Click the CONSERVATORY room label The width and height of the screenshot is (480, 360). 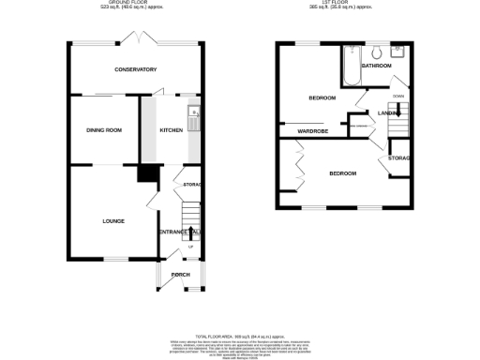(135, 70)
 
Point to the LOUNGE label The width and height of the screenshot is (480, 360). (114, 220)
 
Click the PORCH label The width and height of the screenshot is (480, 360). (180, 275)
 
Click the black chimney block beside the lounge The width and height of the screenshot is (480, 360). (147, 173)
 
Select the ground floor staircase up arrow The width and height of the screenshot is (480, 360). (191, 246)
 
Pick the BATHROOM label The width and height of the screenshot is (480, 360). (376, 66)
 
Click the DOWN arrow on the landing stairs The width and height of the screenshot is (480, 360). (399, 97)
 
